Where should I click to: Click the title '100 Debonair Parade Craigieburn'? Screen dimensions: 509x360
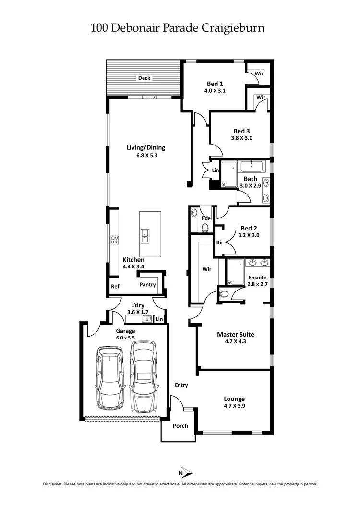[x=178, y=27]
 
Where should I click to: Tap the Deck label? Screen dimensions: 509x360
[x=144, y=78]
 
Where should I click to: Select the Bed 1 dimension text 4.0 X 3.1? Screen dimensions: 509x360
[x=214, y=90]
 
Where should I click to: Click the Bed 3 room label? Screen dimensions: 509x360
[x=241, y=131]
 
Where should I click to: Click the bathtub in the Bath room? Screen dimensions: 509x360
[x=228, y=174]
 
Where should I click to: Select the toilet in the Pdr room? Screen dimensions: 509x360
[x=204, y=227]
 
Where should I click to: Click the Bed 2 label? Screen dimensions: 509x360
[x=249, y=228]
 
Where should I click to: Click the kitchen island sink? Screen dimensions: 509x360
[x=145, y=236]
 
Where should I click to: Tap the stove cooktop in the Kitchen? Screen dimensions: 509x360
[x=114, y=239]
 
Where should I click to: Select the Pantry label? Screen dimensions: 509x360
[x=147, y=285]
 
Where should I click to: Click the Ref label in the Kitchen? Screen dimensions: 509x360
[x=115, y=287]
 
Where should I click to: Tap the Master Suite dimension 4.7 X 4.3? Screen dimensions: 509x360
[x=235, y=342]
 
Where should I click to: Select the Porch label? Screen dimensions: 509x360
[x=180, y=426]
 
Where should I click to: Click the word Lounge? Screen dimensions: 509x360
[x=234, y=399]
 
